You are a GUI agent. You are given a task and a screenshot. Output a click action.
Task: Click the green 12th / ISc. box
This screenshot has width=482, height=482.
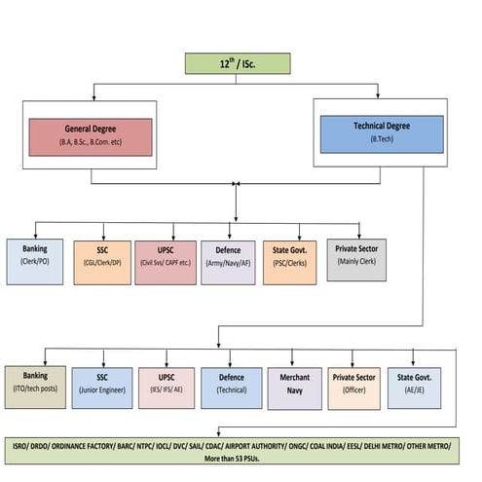[x=238, y=64]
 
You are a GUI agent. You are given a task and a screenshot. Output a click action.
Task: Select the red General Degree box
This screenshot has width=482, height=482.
[x=91, y=136]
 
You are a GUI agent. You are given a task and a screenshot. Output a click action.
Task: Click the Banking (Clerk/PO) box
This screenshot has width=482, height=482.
[x=35, y=261]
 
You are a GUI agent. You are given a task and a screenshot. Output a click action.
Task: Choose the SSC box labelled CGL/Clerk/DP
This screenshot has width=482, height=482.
[x=100, y=261]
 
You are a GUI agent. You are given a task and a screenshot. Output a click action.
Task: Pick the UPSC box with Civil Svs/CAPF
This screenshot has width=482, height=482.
[x=165, y=261]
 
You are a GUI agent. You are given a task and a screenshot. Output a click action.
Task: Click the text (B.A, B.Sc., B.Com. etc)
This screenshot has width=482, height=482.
[x=91, y=143]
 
